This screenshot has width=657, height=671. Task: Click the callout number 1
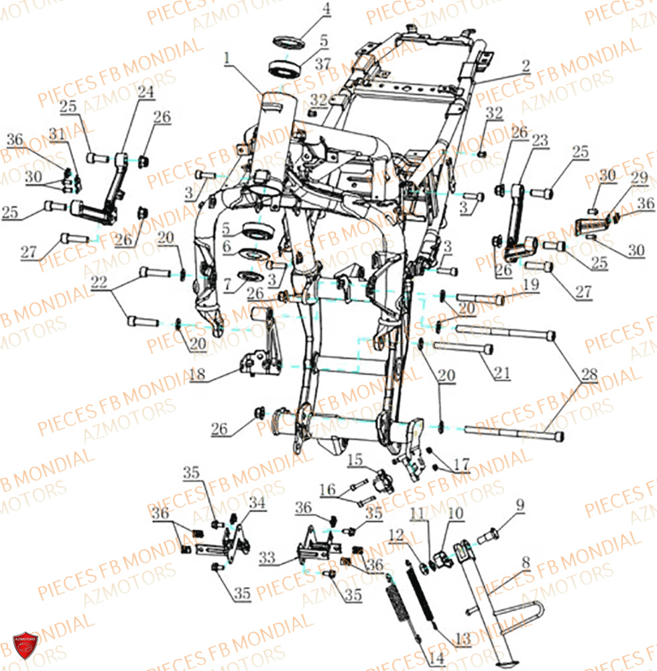click(x=227, y=58)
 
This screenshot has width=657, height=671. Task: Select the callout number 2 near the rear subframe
click(x=525, y=66)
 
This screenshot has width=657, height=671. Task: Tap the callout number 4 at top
click(x=326, y=9)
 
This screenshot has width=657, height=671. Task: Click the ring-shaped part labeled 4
click(x=289, y=42)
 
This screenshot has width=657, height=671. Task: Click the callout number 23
click(x=540, y=140)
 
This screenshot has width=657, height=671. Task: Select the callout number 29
click(x=638, y=178)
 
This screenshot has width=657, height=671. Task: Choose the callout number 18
click(x=197, y=374)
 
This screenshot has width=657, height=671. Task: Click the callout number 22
click(x=99, y=284)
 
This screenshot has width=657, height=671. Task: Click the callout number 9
click(x=520, y=505)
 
